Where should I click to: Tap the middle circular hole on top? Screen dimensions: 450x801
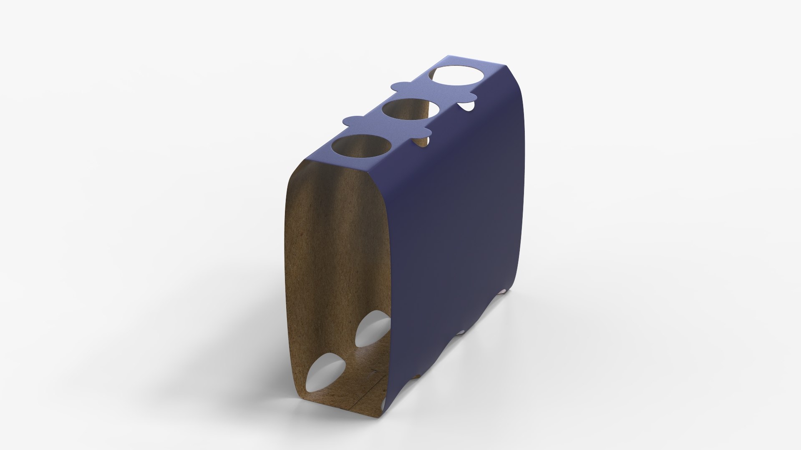(411, 110)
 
